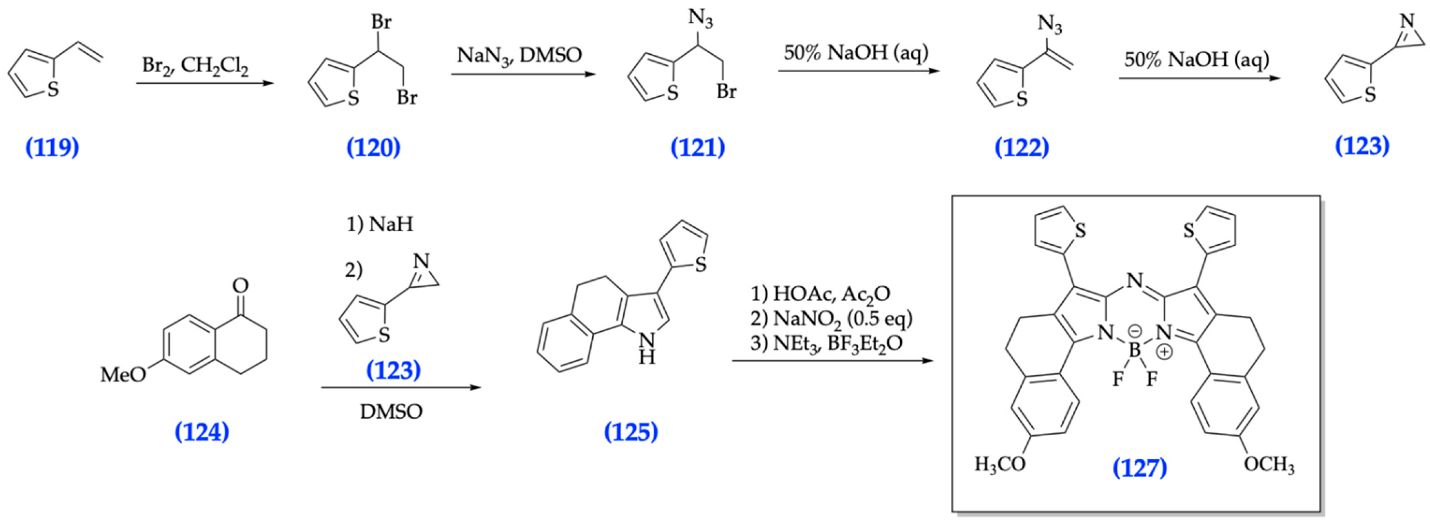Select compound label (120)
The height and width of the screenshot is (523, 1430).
pyautogui.click(x=373, y=148)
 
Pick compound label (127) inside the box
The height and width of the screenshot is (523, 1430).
pyautogui.click(x=1140, y=468)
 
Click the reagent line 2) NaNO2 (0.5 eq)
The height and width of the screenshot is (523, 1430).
pyautogui.click(x=831, y=319)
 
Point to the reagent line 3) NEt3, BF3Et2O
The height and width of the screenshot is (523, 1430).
pyautogui.click(x=826, y=344)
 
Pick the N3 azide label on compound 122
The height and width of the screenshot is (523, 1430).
pyautogui.click(x=1049, y=25)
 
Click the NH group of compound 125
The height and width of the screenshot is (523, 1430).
pyautogui.click(x=646, y=348)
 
